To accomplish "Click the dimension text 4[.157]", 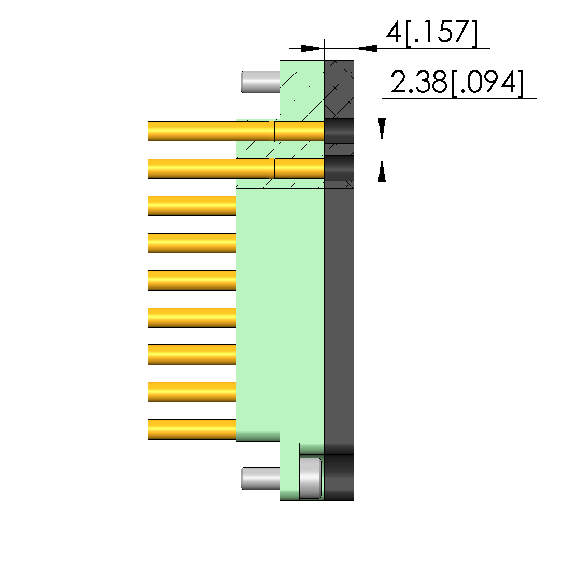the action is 432,33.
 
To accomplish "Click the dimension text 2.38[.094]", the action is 457,83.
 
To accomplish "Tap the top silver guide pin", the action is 261,82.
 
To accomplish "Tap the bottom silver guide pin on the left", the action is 261,478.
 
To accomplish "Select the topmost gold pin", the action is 236,131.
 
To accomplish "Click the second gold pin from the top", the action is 236,168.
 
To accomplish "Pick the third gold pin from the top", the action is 192,206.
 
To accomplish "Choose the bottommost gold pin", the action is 192,429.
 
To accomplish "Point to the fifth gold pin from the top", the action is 192,280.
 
